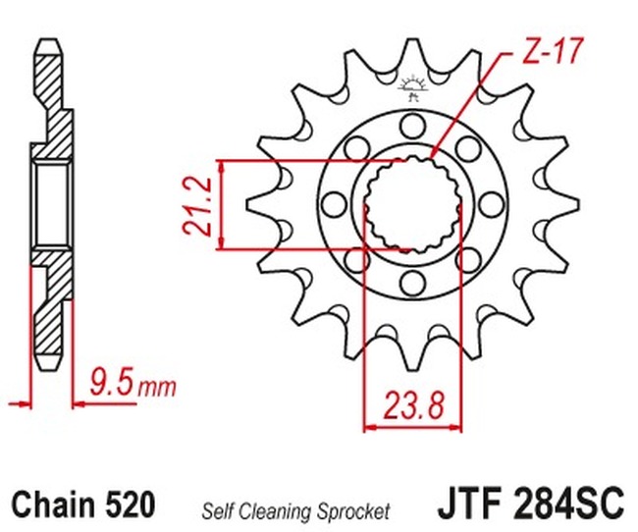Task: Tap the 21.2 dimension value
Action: point(196,205)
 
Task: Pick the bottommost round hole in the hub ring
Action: point(412,285)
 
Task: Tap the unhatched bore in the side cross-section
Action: point(50,205)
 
